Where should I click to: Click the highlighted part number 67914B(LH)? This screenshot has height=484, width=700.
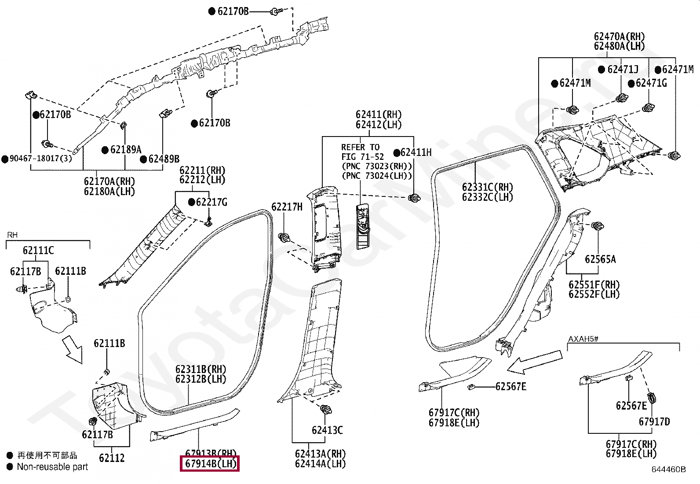click(x=211, y=464)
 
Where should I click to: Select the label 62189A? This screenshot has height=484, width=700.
click(x=125, y=150)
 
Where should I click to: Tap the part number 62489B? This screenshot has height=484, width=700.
click(x=164, y=159)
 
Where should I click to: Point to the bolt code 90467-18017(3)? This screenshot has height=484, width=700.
click(x=40, y=159)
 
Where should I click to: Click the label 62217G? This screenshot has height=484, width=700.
click(x=211, y=202)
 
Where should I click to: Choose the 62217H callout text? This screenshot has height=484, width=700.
click(x=287, y=207)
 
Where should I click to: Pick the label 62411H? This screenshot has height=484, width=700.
click(x=416, y=152)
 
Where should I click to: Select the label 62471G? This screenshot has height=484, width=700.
click(x=651, y=83)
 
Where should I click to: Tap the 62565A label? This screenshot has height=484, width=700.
click(x=600, y=259)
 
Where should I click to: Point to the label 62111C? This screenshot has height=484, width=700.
click(x=38, y=251)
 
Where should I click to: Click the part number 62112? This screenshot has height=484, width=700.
click(x=112, y=458)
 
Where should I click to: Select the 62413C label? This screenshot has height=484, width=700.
click(x=327, y=430)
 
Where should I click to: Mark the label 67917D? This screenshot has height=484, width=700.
click(x=654, y=422)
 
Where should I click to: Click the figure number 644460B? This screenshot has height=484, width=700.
click(x=668, y=469)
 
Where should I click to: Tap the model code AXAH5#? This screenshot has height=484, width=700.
click(x=583, y=339)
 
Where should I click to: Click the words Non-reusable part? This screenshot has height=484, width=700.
click(x=52, y=467)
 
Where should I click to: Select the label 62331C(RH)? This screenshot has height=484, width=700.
click(x=487, y=187)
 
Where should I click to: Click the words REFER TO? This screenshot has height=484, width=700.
click(x=360, y=147)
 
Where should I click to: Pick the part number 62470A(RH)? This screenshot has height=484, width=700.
click(x=619, y=37)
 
